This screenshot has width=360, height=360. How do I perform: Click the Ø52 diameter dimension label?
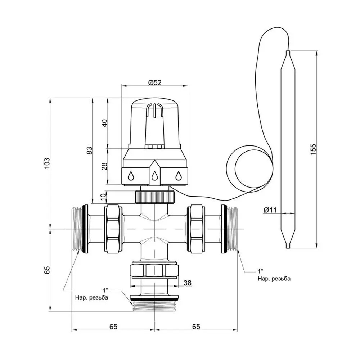pos(154,82)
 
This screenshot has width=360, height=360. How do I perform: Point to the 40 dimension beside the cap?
pos(104,123)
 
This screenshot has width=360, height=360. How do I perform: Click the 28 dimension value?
pos(104,167)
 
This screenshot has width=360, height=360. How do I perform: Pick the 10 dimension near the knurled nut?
pos(104,197)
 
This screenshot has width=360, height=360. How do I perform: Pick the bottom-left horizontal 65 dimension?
pos(113,327)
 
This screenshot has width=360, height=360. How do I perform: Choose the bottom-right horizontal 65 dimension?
pos(196,327)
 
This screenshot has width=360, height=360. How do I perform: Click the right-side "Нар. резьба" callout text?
pos(274,279)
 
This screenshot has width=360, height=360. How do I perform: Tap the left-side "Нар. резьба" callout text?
pos(91,297)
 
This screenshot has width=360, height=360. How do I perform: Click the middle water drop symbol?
pos(154,176)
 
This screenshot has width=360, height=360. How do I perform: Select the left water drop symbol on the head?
pos(131,176)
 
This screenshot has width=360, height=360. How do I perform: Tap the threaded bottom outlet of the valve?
pos(154,305)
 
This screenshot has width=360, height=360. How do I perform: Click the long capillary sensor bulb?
pos(288,149)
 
